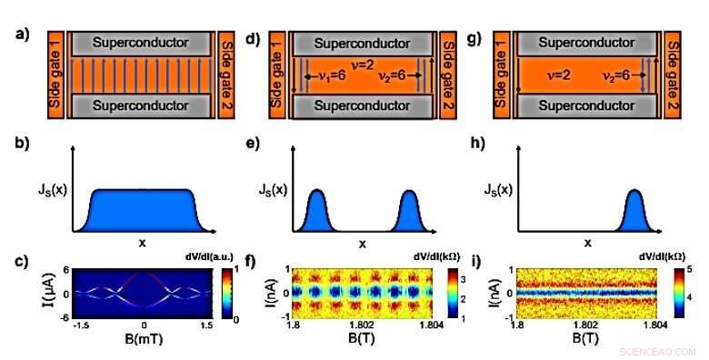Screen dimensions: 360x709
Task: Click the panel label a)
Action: pyautogui.click(x=19, y=35)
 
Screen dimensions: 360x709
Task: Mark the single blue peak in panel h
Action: pyautogui.click(x=633, y=211)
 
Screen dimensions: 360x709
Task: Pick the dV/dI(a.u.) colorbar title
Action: pyautogui.click(x=233, y=257)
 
